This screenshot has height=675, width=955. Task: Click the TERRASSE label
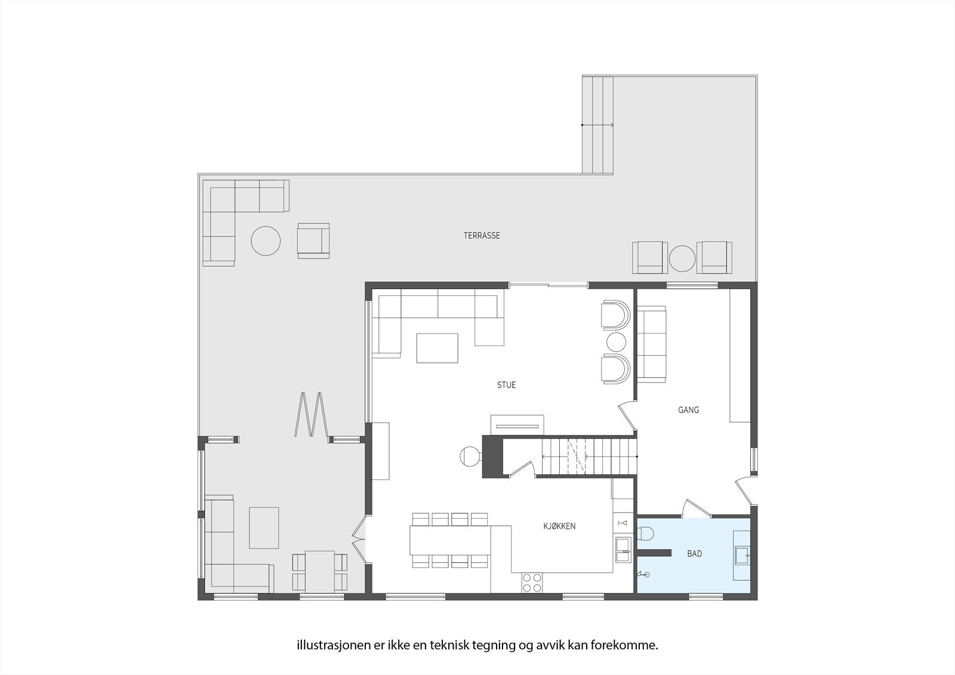coord(482,236)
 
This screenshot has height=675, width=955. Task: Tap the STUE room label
coord(506,385)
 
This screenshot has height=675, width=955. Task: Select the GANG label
coord(688,410)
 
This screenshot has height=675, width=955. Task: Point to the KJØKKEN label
coord(559,526)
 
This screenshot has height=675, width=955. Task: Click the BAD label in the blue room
coord(694,554)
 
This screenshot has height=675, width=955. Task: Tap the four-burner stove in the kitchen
coord(532,582)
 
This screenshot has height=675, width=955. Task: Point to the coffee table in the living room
coord(437,348)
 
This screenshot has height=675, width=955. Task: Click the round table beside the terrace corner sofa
coord(266,241)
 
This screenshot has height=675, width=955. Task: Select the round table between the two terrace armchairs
coord(682,258)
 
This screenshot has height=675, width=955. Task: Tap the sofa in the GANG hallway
coord(652,343)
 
